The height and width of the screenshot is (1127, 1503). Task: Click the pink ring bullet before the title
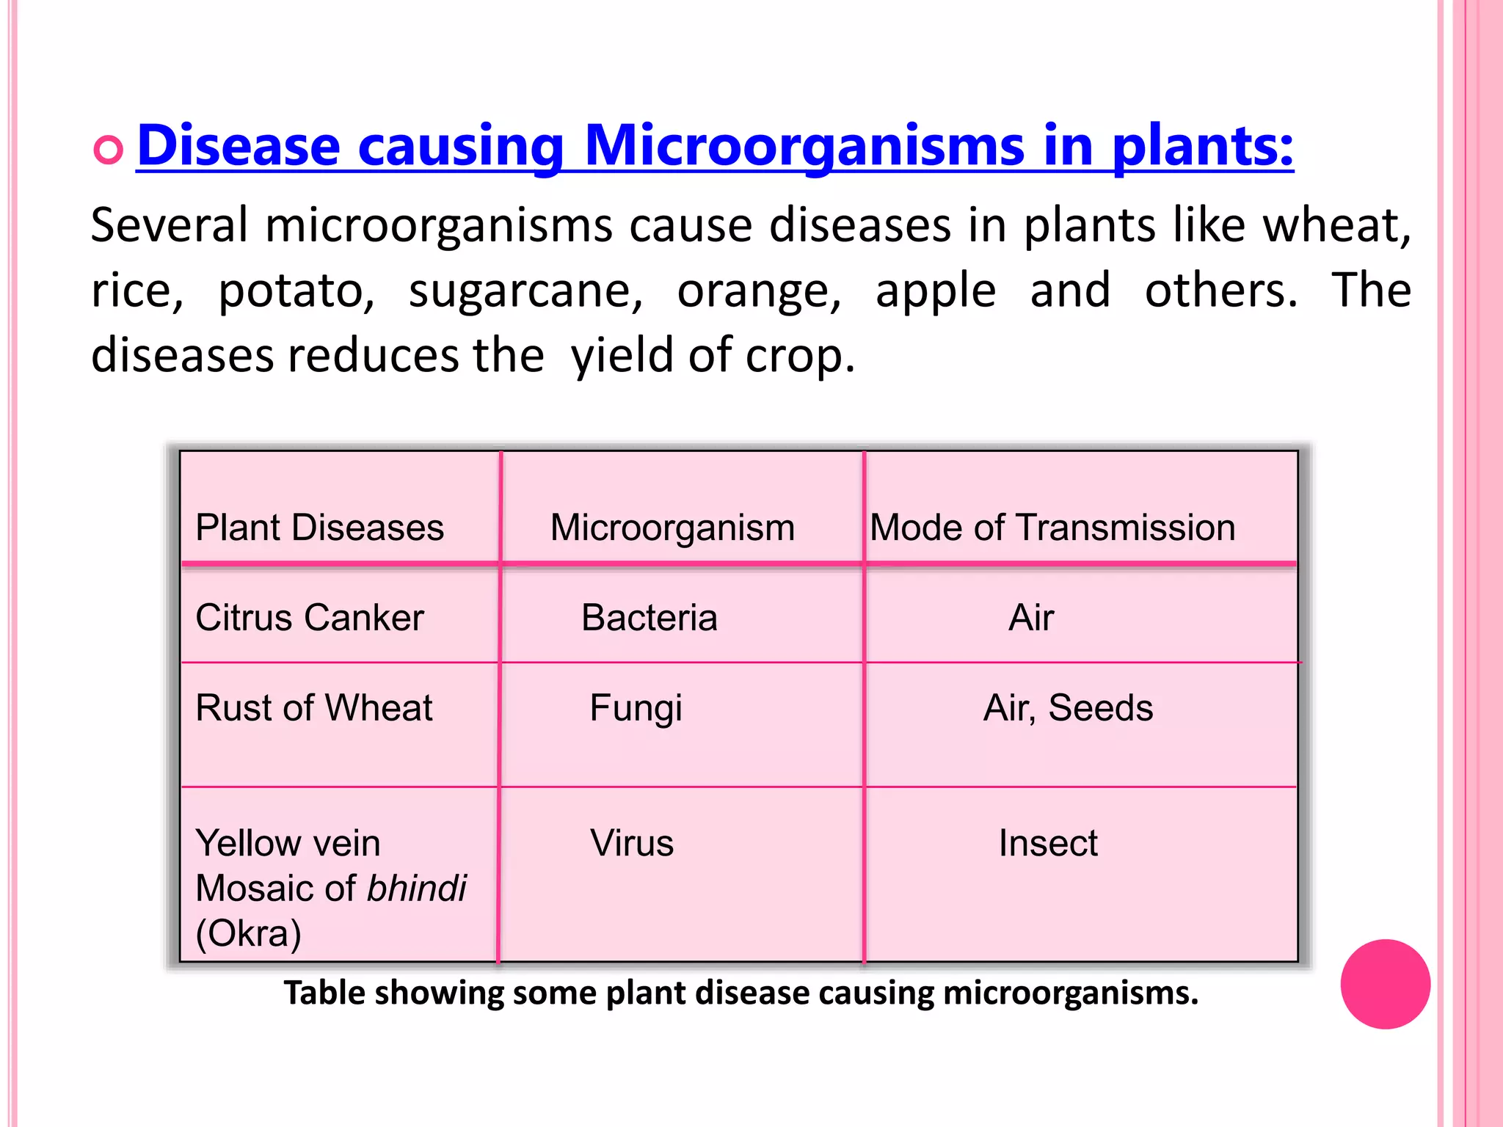tap(108, 150)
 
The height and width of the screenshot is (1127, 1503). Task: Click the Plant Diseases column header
tap(319, 528)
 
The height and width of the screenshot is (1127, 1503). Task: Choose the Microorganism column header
tap(672, 528)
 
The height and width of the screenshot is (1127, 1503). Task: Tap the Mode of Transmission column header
tap(1052, 528)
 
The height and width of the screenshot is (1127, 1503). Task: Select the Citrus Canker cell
tap(309, 618)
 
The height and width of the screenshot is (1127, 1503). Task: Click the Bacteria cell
tap(649, 618)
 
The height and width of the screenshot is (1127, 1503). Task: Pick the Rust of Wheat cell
tap(313, 708)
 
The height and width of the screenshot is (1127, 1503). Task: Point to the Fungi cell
tap(636, 708)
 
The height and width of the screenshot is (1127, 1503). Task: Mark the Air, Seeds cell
tap(1068, 708)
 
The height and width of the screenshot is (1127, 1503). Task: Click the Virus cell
tap(632, 843)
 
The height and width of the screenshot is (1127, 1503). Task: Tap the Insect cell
tap(1048, 843)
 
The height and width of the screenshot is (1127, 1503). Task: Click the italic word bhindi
tap(416, 889)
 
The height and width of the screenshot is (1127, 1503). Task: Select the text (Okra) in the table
tap(248, 933)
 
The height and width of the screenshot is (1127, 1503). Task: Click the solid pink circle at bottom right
tap(1385, 984)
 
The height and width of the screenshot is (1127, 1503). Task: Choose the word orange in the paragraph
tap(759, 290)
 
